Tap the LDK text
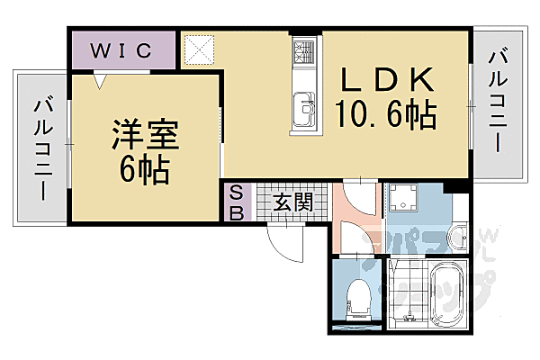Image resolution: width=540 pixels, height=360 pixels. (x=387, y=80)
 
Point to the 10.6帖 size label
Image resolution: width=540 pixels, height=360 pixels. (x=387, y=115)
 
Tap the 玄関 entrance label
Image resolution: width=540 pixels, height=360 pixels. (x=294, y=201)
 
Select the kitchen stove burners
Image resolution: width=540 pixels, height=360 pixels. (x=301, y=53)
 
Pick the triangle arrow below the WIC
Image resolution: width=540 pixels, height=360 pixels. (x=102, y=79)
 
